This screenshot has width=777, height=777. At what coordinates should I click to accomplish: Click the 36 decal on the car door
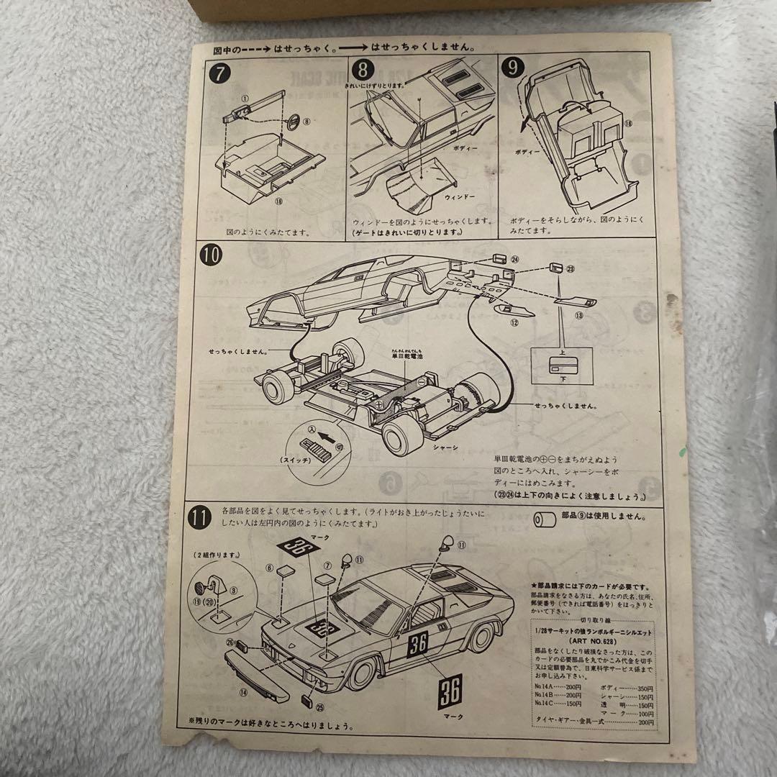[x=417, y=644]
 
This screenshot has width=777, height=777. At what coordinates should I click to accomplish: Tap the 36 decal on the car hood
[x=323, y=627]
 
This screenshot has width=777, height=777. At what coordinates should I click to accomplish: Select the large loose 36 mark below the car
[x=450, y=691]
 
